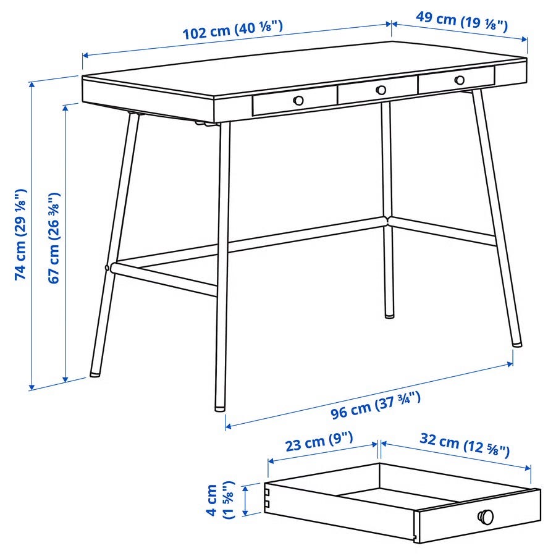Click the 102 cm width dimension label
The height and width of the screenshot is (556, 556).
(233, 30)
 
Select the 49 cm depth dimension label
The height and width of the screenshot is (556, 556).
(461, 21)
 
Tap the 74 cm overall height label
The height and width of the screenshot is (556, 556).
(20, 234)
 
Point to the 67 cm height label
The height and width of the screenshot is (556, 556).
(54, 238)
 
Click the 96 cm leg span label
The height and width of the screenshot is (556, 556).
(376, 405)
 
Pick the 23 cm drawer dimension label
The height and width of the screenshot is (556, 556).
(319, 442)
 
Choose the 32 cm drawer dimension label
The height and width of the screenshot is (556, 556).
(465, 445)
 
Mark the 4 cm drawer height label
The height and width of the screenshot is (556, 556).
(221, 500)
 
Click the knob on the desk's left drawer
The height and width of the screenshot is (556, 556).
(298, 100)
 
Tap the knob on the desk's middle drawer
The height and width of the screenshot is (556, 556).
(381, 90)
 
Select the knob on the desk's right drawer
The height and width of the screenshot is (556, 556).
(460, 80)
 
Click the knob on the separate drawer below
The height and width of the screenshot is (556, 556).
(486, 516)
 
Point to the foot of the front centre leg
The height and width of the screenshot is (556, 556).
(220, 408)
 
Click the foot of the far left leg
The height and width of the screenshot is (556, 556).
(95, 374)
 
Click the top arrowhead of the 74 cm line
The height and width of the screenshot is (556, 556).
(32, 85)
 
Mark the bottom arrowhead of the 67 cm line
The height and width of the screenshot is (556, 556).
(65, 380)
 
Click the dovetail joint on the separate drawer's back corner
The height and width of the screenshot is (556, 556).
(267, 498)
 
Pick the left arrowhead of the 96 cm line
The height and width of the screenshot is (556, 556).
(228, 426)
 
